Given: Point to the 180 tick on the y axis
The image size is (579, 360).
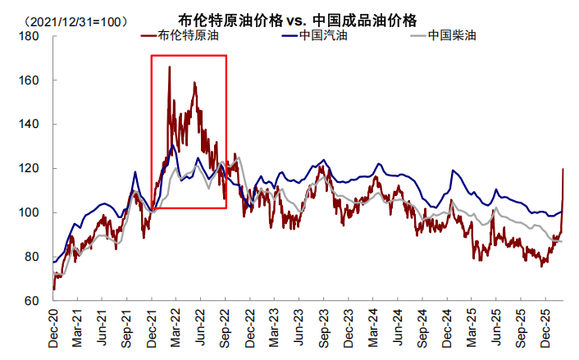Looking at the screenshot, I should [x=30, y=37].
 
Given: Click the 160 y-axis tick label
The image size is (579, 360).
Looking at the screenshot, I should [x=30, y=80].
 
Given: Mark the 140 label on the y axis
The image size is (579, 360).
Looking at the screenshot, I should [x=30, y=125].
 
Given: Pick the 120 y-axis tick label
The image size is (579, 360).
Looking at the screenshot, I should [x=30, y=168].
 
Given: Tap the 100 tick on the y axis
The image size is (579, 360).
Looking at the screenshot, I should [x=30, y=212].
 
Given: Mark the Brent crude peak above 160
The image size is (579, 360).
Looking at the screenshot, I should [x=169, y=67].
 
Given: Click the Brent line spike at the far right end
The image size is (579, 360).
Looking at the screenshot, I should [x=563, y=170].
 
